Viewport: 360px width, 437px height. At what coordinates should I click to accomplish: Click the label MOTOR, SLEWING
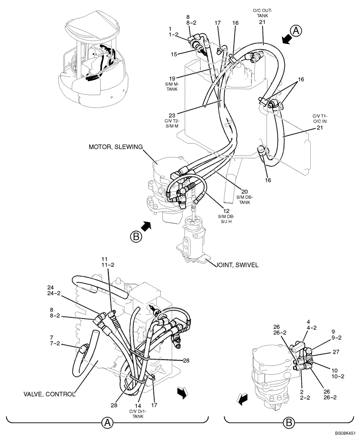coord(116,147)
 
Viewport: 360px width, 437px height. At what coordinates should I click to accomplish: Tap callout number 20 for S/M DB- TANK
coord(245,191)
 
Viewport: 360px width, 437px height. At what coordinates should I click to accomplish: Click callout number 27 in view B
coord(336,351)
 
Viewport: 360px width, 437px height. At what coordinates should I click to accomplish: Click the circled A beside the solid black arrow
coord(296,31)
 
